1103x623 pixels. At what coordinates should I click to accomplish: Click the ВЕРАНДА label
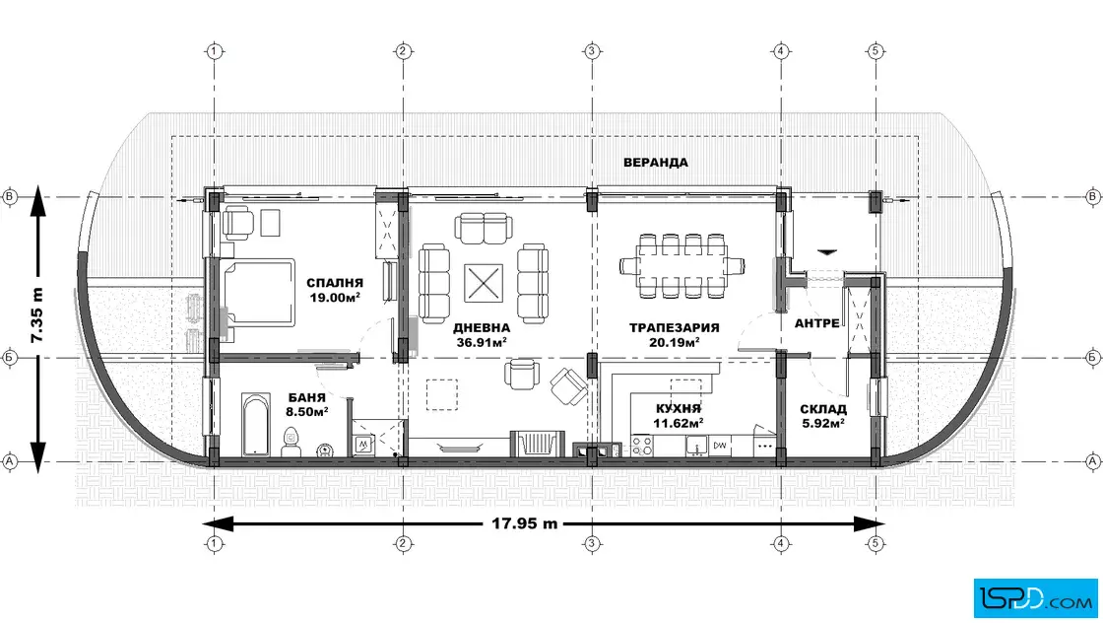pyautogui.click(x=656, y=163)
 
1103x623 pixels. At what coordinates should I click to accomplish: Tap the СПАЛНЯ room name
pyautogui.click(x=335, y=283)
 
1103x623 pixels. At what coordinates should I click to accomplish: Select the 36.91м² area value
pyautogui.click(x=482, y=342)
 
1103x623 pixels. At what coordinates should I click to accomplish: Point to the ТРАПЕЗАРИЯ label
pyautogui.click(x=674, y=327)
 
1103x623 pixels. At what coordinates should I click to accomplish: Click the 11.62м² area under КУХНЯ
pyautogui.click(x=679, y=423)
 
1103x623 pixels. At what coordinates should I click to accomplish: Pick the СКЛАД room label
pyautogui.click(x=823, y=409)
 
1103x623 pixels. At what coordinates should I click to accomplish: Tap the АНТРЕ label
pyautogui.click(x=816, y=323)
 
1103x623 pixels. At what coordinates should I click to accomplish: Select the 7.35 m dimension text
pyautogui.click(x=36, y=314)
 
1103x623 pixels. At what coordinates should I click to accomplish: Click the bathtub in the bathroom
pyautogui.click(x=255, y=424)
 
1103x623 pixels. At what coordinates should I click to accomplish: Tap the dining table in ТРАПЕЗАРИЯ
pyautogui.click(x=681, y=266)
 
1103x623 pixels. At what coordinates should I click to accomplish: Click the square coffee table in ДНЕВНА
pyautogui.click(x=484, y=283)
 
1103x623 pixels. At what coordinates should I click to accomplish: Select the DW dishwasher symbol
pyautogui.click(x=720, y=446)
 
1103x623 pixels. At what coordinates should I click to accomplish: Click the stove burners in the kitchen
pyautogui.click(x=641, y=446)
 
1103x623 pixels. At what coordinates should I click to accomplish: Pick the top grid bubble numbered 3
pyautogui.click(x=592, y=50)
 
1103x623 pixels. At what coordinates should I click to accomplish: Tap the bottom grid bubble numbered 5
pyautogui.click(x=876, y=543)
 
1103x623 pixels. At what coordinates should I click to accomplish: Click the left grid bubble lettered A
pyautogui.click(x=10, y=461)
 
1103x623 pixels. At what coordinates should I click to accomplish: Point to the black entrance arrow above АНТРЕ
pyautogui.click(x=826, y=251)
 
